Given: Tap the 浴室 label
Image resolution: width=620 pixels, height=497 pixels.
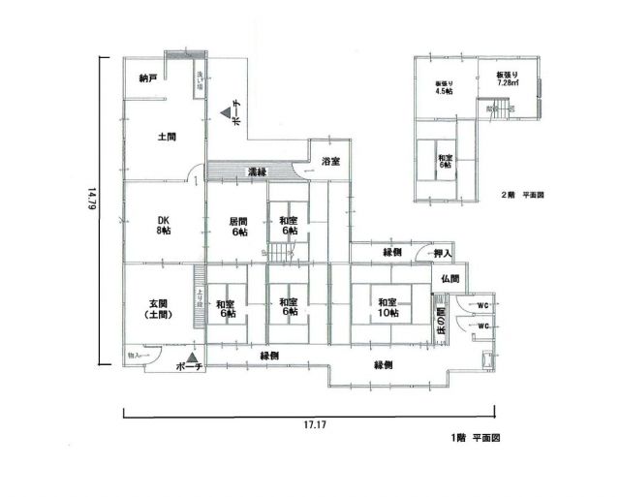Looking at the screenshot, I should pos(330,162).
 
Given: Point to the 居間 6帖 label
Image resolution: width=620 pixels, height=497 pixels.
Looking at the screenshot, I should pos(239,226).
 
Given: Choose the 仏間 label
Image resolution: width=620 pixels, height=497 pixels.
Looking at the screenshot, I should pos(449,278).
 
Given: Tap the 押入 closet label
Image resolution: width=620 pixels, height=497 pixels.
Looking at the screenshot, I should pos(443,254).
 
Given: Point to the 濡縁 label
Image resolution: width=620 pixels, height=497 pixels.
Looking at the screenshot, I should pos(257,172).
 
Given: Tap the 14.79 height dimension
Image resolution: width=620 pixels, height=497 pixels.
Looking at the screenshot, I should pos(90,206).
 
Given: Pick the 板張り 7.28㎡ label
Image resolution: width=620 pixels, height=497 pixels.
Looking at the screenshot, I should pos(509,78).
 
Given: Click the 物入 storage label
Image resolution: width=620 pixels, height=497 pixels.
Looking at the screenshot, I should pos(135,357).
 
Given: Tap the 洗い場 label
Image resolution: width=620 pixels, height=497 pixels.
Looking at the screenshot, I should pos(199,79).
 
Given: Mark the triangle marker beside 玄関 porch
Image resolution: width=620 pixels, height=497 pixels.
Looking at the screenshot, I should pos(194,357).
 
